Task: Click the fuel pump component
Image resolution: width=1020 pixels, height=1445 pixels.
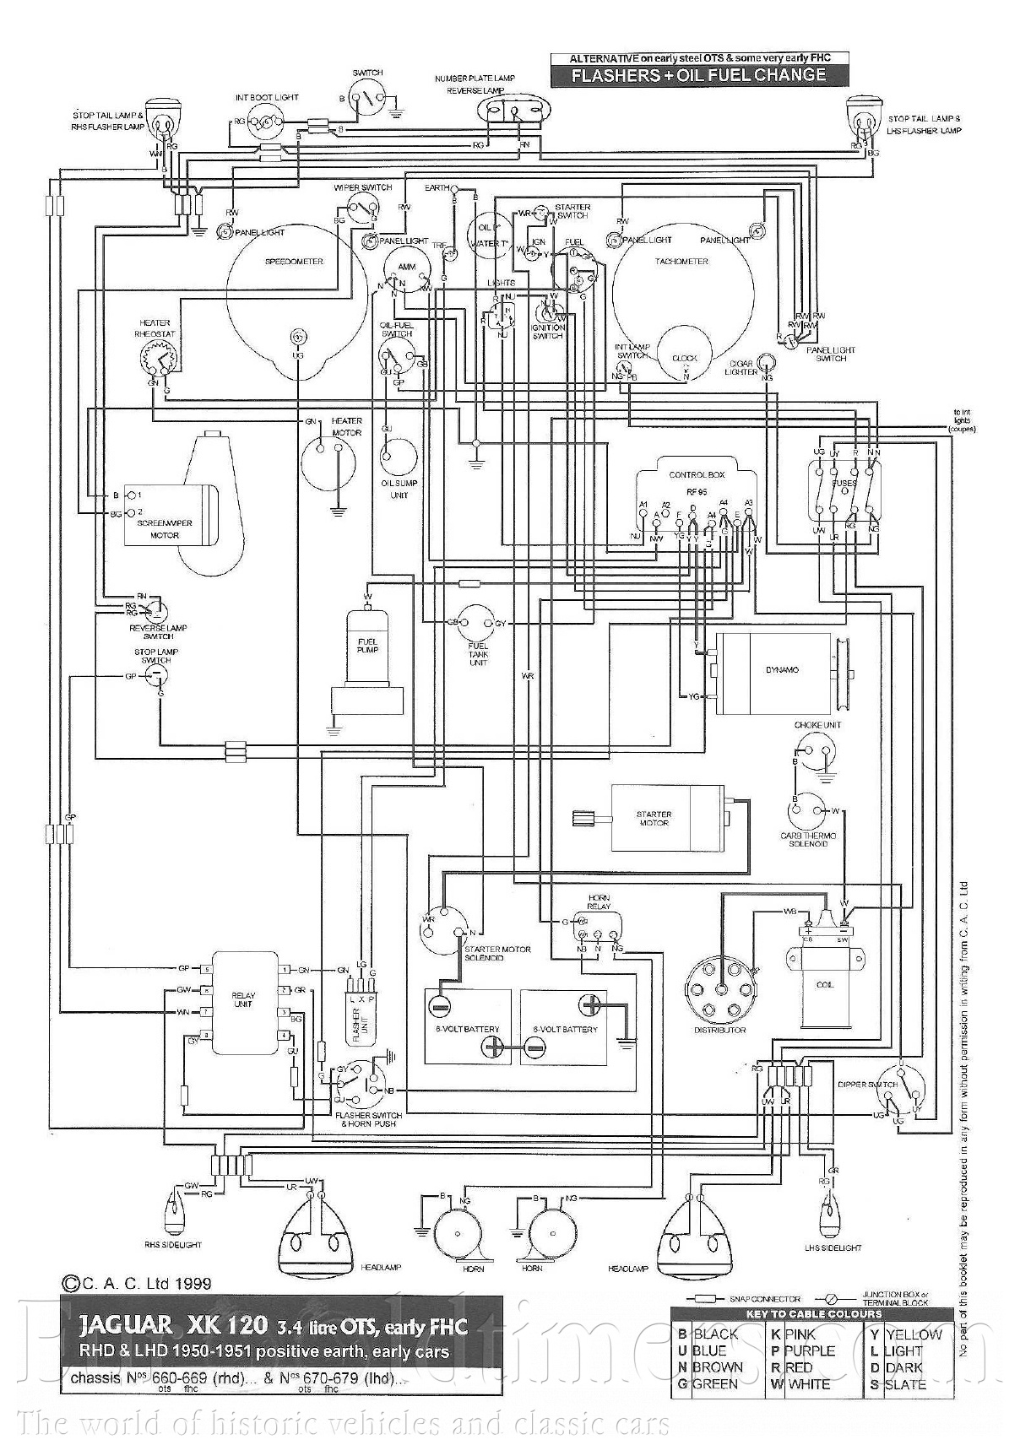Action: [x=368, y=658]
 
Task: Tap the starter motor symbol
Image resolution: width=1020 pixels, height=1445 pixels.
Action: [x=667, y=817]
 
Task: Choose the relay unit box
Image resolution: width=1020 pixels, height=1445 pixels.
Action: [x=245, y=1002]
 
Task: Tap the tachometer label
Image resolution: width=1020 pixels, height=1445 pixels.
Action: [x=681, y=262]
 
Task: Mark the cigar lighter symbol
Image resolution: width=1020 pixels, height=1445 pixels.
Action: [x=767, y=364]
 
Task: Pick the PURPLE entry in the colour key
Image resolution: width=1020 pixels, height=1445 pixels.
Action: [x=810, y=1351]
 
